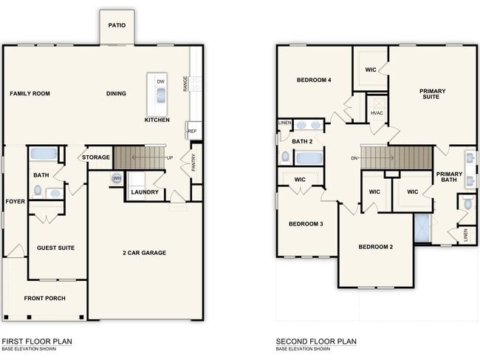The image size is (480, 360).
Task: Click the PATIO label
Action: (x=117, y=25)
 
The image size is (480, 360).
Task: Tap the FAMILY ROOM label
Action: (x=30, y=94)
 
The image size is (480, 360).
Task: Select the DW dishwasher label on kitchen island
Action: (x=160, y=82)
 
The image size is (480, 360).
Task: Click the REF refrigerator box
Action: (x=192, y=132)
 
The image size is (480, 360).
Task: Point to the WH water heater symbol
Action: (x=117, y=178)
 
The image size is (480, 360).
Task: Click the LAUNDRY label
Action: (x=145, y=192)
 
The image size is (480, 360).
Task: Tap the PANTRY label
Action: (x=193, y=162)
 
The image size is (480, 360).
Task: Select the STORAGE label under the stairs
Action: (x=96, y=157)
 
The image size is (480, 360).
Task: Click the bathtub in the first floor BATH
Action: (x=44, y=154)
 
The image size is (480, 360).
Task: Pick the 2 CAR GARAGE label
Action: (x=144, y=253)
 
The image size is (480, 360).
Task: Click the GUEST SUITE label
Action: (x=55, y=248)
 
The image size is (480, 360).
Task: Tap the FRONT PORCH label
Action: (x=44, y=299)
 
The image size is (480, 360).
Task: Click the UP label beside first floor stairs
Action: (x=169, y=158)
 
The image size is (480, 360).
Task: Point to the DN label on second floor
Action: (x=354, y=157)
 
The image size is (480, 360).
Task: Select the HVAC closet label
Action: (x=377, y=113)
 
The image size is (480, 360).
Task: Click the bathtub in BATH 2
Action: (x=309, y=157)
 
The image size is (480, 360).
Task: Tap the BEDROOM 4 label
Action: (x=314, y=80)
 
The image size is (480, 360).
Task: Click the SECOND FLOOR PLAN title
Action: (x=316, y=342)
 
